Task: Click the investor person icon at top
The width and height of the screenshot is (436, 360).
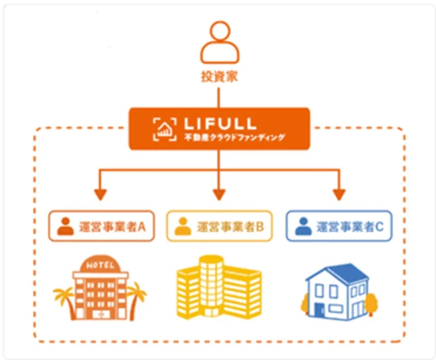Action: click(219, 44)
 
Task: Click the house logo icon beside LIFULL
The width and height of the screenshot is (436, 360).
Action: click(164, 128)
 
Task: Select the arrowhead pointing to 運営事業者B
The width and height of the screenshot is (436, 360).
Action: click(219, 194)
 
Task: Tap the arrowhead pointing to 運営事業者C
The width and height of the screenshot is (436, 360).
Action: click(338, 194)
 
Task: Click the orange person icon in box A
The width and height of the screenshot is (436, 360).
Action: click(65, 226)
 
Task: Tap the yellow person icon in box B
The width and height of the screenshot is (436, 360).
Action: click(183, 226)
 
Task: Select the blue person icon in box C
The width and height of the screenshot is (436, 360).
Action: click(303, 226)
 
